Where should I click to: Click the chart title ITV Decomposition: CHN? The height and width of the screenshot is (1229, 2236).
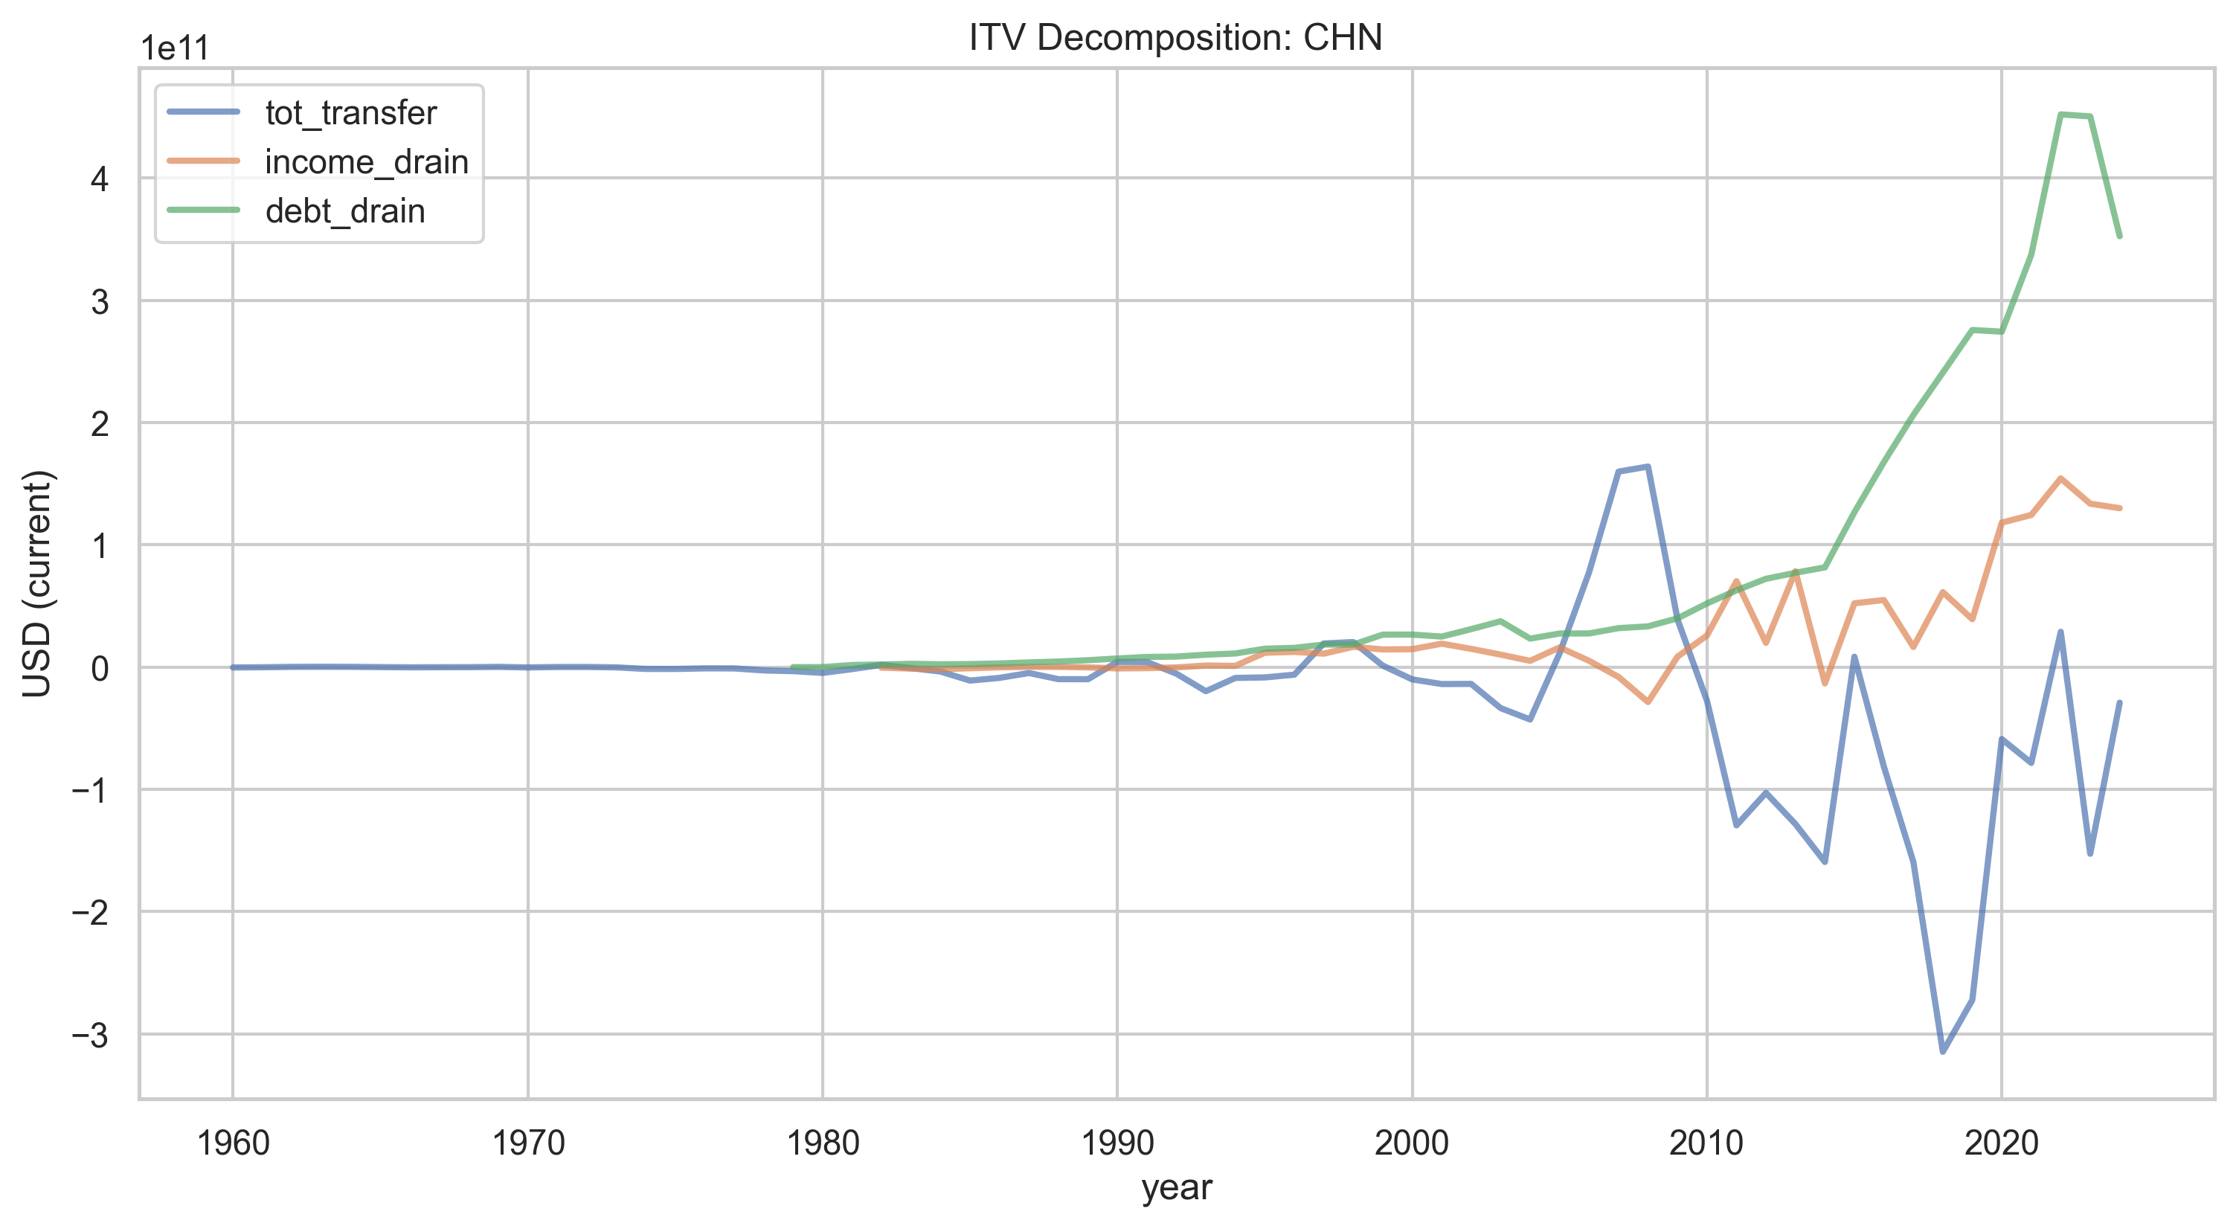click(x=1175, y=37)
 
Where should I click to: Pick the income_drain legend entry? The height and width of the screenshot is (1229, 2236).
click(x=318, y=162)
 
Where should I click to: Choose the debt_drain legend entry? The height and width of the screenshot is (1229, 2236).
click(x=296, y=211)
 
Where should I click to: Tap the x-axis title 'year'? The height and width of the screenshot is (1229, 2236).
click(x=1176, y=1187)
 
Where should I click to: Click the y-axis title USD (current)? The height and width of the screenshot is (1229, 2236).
click(x=38, y=583)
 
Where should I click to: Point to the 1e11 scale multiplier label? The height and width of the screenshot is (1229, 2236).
click(x=176, y=48)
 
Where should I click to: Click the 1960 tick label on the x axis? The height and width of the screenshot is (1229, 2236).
click(x=233, y=1142)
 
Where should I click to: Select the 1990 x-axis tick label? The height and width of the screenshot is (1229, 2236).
click(x=1117, y=1142)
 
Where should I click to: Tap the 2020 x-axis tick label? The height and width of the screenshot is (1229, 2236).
click(x=2001, y=1142)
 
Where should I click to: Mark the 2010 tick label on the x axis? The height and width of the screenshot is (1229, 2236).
click(x=1706, y=1142)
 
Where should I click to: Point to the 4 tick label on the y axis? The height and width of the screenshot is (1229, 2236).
click(x=100, y=180)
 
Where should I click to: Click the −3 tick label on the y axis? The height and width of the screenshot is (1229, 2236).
click(x=90, y=1035)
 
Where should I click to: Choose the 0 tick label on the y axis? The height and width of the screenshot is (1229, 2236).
click(x=100, y=668)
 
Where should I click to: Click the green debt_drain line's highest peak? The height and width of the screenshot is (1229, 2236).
click(x=2060, y=114)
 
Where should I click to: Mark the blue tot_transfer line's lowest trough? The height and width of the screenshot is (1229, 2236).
click(x=1943, y=1052)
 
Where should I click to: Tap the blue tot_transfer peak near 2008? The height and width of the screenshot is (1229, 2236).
click(x=1648, y=467)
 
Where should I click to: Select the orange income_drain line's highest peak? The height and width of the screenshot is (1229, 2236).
click(x=2060, y=478)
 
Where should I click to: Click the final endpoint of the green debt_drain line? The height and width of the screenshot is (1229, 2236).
click(x=2120, y=236)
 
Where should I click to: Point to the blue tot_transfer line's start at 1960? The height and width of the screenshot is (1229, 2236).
click(x=233, y=667)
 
